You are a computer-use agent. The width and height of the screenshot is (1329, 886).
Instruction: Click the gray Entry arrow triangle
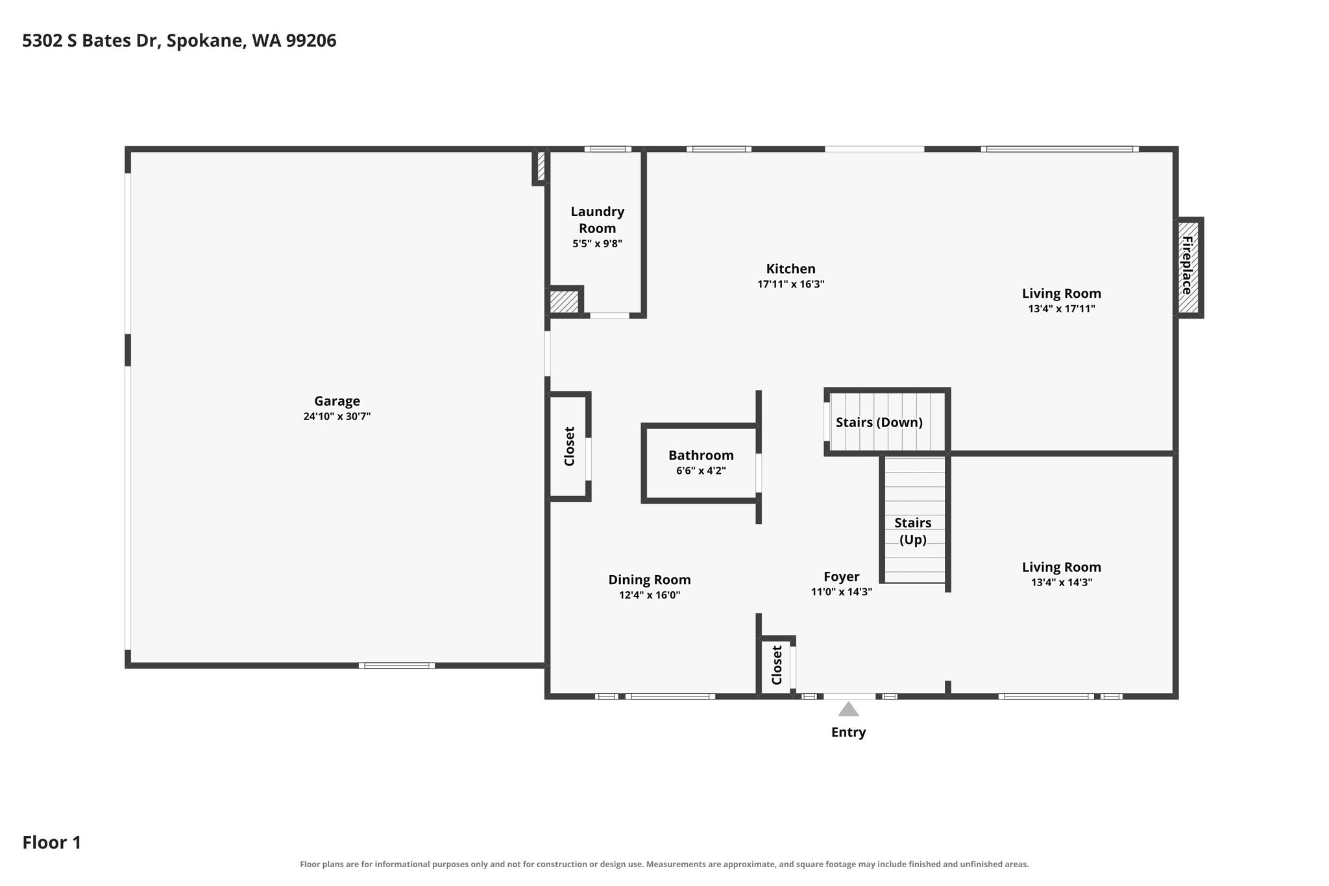click(848, 709)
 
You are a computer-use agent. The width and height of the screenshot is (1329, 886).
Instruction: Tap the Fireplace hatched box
click(1188, 267)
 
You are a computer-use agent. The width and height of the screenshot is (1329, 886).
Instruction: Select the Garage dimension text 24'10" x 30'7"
click(337, 417)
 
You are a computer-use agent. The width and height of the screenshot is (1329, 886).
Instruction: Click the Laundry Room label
click(597, 220)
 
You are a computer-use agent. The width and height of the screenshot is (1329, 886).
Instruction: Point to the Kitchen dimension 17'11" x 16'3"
click(790, 284)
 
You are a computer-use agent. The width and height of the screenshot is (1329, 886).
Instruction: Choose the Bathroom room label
click(701, 456)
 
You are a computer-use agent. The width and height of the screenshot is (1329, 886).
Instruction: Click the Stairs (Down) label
click(879, 423)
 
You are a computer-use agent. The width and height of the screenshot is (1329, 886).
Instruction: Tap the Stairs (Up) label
click(913, 531)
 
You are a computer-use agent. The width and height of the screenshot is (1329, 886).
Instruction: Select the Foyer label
click(842, 576)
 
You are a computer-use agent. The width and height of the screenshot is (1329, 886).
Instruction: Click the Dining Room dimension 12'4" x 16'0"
click(650, 595)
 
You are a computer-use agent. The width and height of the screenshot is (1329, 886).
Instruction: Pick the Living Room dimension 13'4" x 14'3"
click(1062, 583)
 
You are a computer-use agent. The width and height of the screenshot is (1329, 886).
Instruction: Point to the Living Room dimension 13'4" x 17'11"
click(1062, 309)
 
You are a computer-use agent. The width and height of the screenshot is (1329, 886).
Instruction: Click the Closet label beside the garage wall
click(570, 447)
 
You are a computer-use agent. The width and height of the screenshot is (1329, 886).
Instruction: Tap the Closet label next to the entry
click(777, 665)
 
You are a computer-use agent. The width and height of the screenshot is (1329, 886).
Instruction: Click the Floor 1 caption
click(52, 843)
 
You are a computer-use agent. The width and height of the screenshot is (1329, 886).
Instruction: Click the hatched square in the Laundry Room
click(564, 302)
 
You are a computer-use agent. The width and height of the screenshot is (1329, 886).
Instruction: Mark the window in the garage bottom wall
click(396, 665)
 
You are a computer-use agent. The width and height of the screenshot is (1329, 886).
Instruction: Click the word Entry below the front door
click(849, 732)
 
